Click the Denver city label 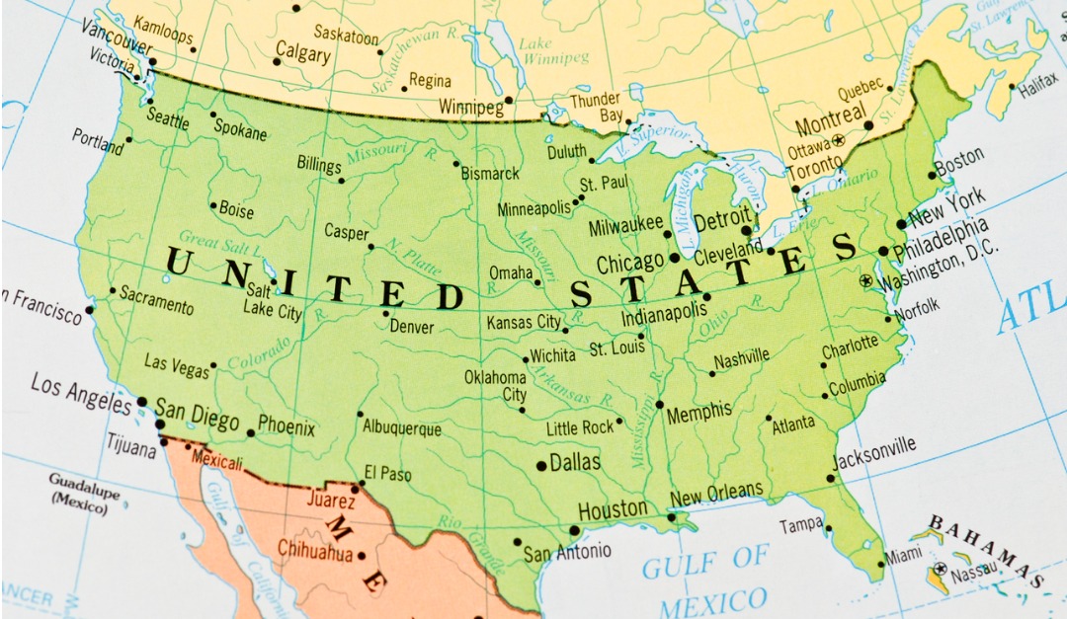411,326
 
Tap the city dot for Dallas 541,465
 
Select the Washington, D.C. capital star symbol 866,281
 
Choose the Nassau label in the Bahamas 973,570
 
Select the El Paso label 387,474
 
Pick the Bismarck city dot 456,163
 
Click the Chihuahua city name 314,551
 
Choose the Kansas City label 524,323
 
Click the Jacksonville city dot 831,479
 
